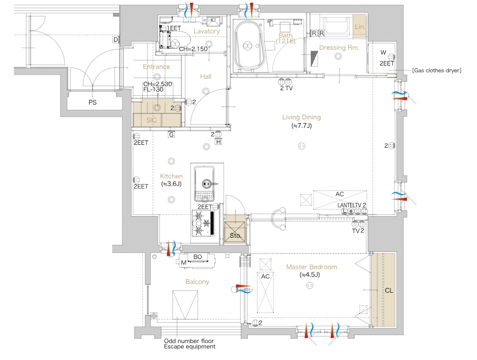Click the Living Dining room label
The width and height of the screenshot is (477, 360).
point(301,117)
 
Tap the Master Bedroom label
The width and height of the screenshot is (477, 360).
point(311,267)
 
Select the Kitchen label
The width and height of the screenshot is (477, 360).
point(171,176)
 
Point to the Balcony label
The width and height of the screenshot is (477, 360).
point(197,282)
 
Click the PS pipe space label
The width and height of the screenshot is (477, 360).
point(92,102)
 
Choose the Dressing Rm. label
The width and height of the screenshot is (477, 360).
point(339,48)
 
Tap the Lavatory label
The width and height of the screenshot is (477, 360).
point(206,31)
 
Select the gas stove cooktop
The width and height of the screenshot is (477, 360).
point(203,223)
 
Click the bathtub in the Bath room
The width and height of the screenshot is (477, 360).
point(248,45)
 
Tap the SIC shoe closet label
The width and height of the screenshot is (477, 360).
point(151,120)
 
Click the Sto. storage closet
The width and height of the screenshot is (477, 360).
point(235,229)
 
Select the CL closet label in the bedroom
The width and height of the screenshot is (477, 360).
point(389,291)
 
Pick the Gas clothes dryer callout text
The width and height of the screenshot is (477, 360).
point(436,70)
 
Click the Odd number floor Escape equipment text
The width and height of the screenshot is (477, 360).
point(189,343)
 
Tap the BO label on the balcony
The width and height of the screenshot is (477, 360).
point(197,257)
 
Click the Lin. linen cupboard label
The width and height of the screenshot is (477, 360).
point(360,27)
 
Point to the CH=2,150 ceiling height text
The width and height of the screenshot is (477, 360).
point(193,49)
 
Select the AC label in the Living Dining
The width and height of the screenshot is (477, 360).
point(339,194)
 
